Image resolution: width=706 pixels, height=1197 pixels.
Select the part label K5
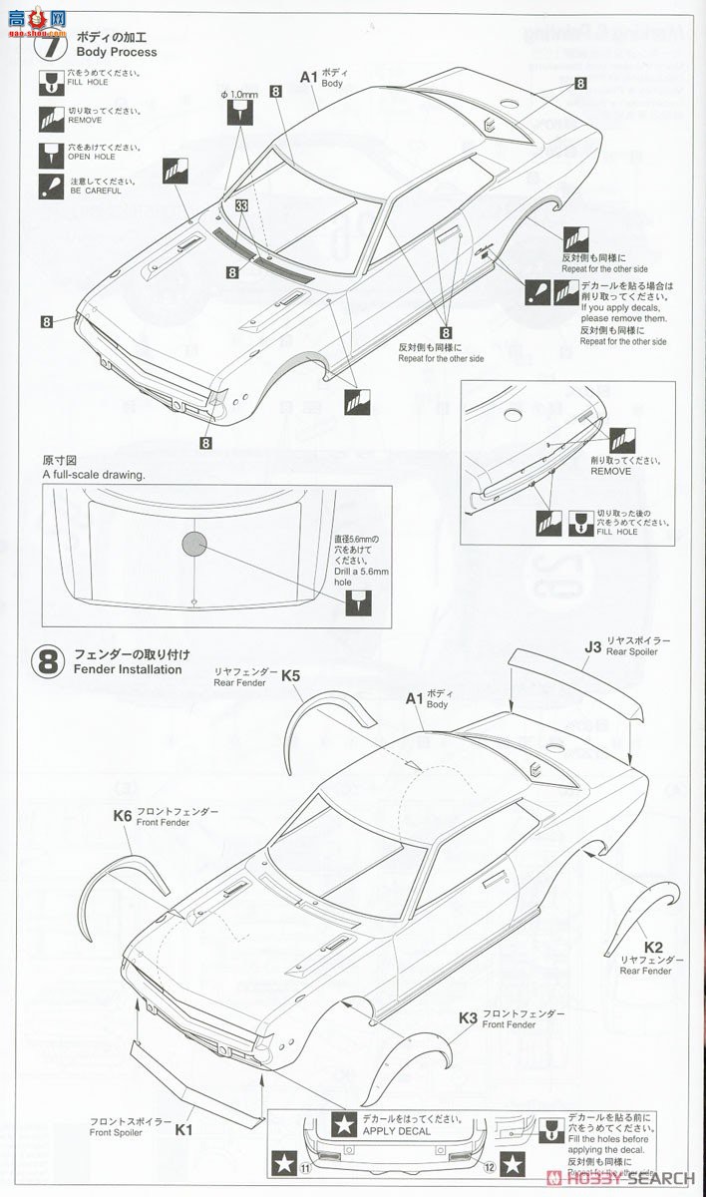pyautogui.click(x=290, y=675)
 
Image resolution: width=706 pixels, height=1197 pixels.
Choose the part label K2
pyautogui.click(x=653, y=947)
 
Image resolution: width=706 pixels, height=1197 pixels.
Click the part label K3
pyautogui.click(x=468, y=1018)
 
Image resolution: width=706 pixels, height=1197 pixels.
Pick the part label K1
pyautogui.click(x=184, y=1130)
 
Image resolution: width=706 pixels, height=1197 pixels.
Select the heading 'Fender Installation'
pyautogui.click(x=128, y=669)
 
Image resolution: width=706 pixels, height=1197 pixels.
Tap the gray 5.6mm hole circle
pyautogui.click(x=193, y=542)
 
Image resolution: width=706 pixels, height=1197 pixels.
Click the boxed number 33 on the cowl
pyautogui.click(x=242, y=205)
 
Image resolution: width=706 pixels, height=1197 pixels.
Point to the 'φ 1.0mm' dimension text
pyautogui.click(x=239, y=95)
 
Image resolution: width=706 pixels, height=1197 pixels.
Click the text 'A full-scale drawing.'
pyautogui.click(x=94, y=475)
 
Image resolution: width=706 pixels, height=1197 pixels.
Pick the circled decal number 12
pyautogui.click(x=486, y=1164)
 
